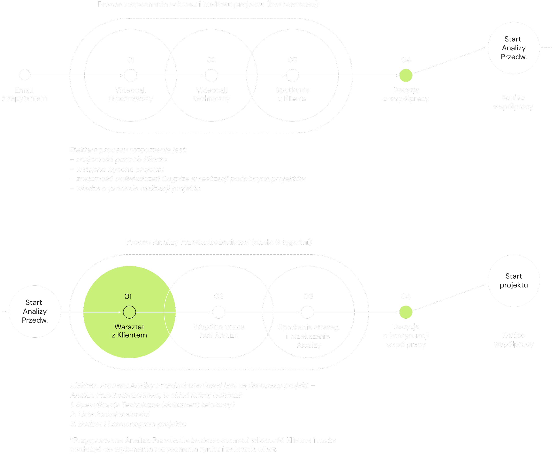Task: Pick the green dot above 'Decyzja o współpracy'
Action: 406,76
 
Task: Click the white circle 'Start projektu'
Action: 514,281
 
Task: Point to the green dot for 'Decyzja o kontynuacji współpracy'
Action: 406,312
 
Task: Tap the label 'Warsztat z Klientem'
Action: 129,331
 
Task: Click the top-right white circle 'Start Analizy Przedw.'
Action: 514,48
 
